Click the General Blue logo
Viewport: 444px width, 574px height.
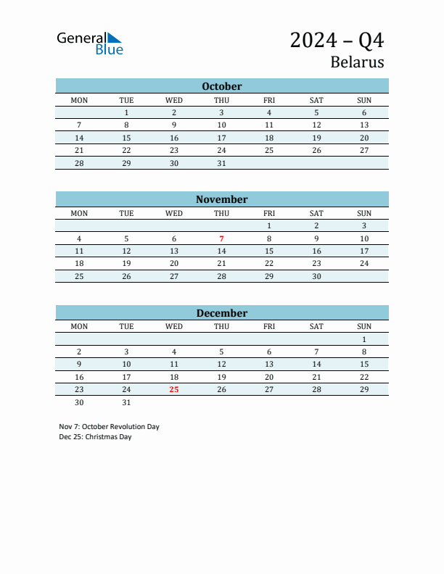(90, 43)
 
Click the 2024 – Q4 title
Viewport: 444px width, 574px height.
(337, 40)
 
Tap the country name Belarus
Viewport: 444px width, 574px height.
(357, 62)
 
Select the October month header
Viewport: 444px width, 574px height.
(222, 86)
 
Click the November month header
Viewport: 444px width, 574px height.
(222, 199)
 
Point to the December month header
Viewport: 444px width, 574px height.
(222, 313)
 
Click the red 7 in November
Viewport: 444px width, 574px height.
(222, 238)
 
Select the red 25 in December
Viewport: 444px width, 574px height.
(174, 389)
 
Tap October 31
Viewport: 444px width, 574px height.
(222, 163)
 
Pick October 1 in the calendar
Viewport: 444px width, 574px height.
(126, 112)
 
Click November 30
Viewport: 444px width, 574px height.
(316, 276)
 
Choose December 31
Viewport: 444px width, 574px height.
(126, 402)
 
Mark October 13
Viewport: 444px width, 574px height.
(364, 125)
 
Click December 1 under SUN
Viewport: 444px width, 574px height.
(364, 339)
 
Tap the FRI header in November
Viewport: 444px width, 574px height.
(269, 213)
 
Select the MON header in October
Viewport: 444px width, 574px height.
(79, 100)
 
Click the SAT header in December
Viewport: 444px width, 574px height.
(316, 326)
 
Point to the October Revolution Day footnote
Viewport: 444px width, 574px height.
(110, 427)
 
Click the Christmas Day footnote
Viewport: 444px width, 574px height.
(96, 437)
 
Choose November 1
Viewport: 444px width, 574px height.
(269, 225)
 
